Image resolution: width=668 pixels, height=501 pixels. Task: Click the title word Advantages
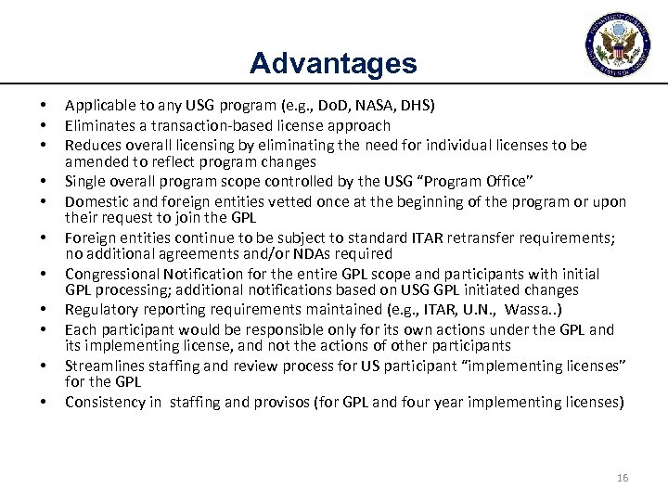click(333, 63)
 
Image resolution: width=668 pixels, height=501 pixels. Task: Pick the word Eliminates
click(96, 124)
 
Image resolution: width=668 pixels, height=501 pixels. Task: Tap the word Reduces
click(91, 145)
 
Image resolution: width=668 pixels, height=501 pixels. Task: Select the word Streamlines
click(102, 365)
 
